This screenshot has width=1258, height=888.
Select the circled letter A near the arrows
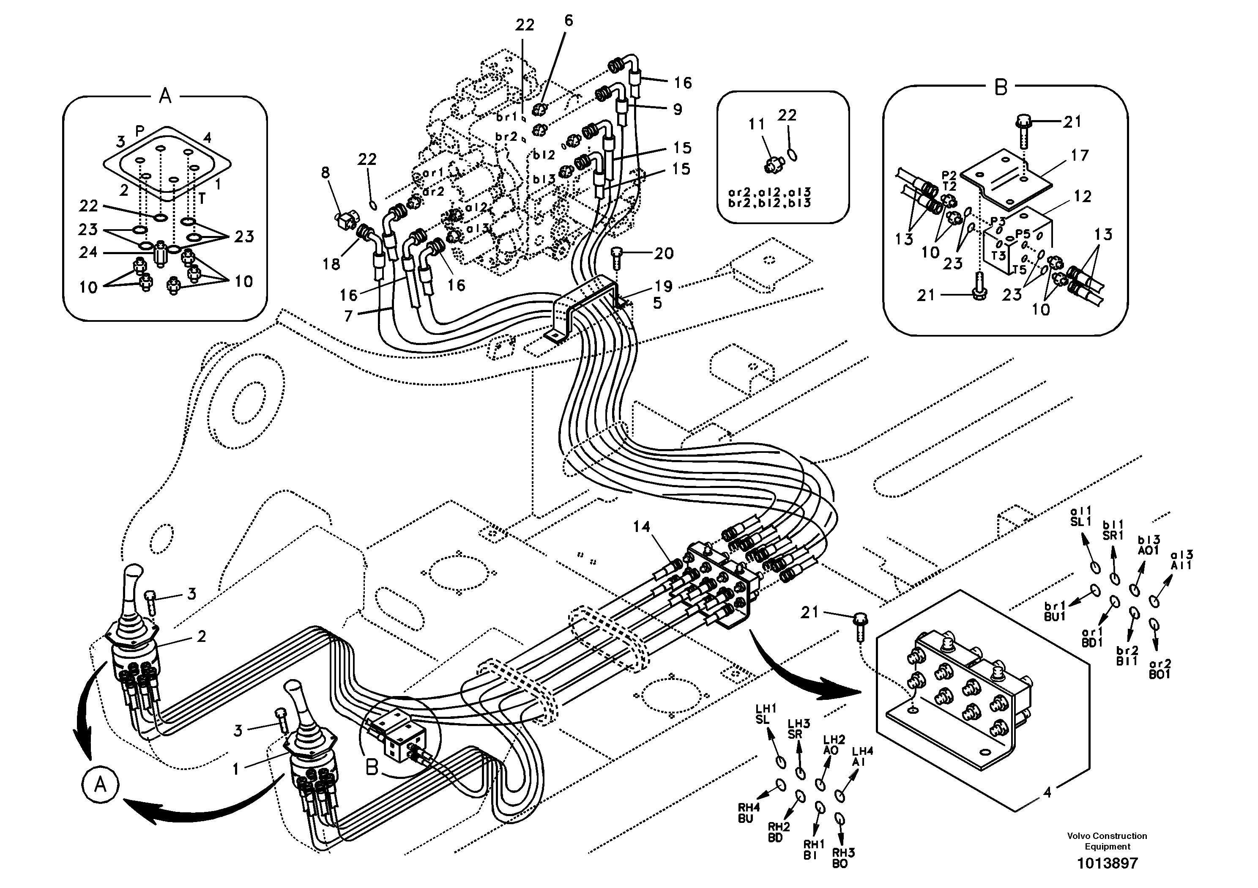(100, 786)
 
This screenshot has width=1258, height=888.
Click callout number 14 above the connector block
(641, 527)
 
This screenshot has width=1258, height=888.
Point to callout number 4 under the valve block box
(1047, 792)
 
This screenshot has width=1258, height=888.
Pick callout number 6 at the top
(568, 21)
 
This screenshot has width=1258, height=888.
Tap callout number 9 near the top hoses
(678, 110)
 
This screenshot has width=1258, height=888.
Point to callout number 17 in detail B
(1079, 156)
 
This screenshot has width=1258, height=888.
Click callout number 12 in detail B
(1083, 196)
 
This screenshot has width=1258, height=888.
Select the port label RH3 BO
(843, 858)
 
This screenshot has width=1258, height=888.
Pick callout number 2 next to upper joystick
(201, 636)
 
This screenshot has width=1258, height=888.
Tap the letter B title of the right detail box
(1001, 88)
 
